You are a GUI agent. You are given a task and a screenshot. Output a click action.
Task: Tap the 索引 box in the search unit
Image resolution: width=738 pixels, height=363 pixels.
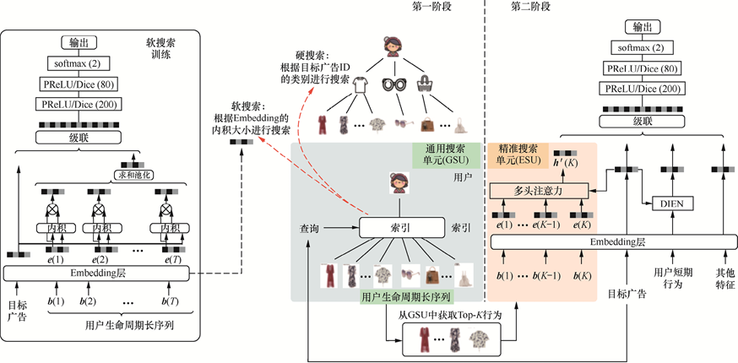pos(401,228)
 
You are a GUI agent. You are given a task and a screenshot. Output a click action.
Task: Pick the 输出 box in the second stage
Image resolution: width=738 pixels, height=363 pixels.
pos(641,26)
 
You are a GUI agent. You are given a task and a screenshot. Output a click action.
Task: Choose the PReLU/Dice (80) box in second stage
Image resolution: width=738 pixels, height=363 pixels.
pos(641,68)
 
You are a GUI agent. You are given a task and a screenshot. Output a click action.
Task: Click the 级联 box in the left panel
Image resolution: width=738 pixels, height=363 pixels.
pos(77,140)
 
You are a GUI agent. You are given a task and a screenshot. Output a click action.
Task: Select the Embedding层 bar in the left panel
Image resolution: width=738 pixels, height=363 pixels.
pos(97,273)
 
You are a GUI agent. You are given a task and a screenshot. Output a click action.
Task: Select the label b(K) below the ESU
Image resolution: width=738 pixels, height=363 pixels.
pos(582,276)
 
